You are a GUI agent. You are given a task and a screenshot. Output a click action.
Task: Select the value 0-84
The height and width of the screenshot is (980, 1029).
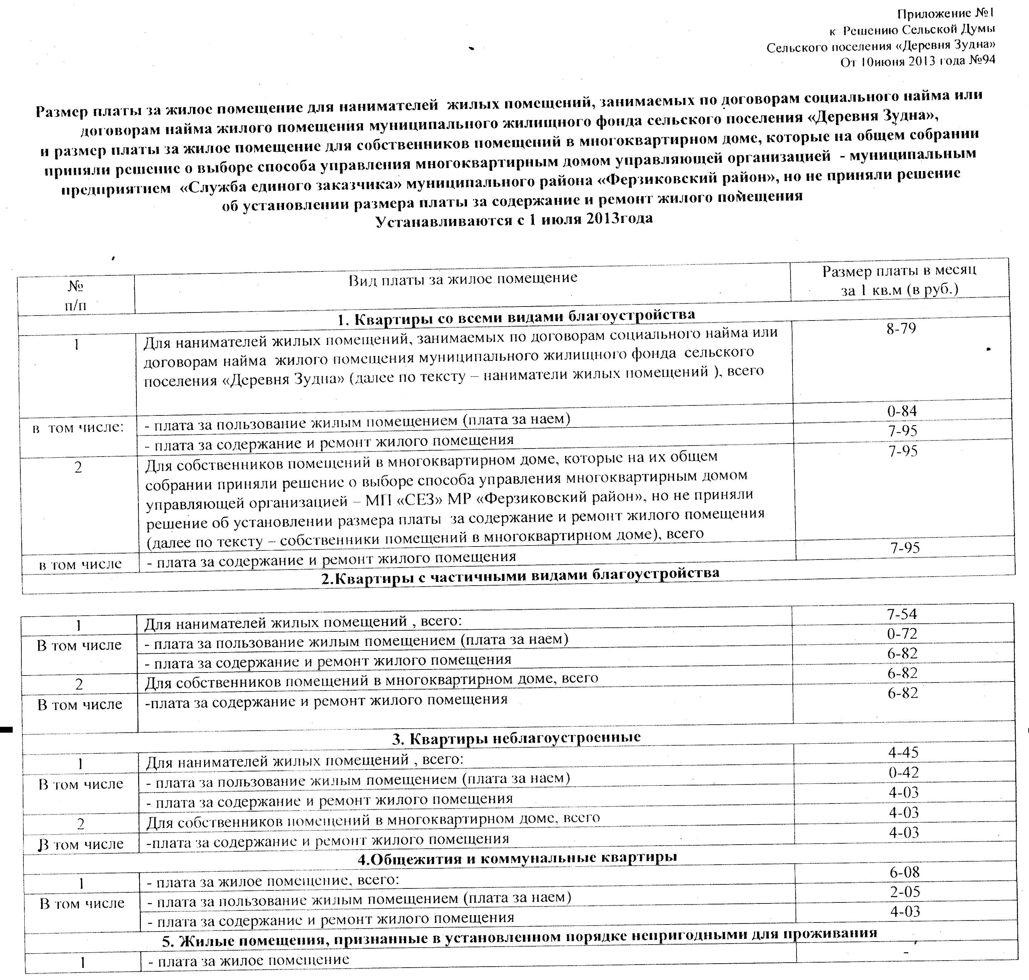902,411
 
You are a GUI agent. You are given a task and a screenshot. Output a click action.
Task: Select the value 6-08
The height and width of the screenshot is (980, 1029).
905,872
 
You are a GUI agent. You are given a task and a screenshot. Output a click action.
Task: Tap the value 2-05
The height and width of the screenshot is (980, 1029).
905,892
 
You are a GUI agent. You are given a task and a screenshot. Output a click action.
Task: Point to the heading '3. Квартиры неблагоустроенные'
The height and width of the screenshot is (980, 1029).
516,738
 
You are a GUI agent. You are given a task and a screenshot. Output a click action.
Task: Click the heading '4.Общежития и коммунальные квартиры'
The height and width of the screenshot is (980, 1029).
517,857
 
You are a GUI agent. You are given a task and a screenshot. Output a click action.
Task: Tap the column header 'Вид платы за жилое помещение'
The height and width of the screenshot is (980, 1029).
463,278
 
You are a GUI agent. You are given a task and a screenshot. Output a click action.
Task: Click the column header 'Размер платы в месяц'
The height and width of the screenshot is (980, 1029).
899,271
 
